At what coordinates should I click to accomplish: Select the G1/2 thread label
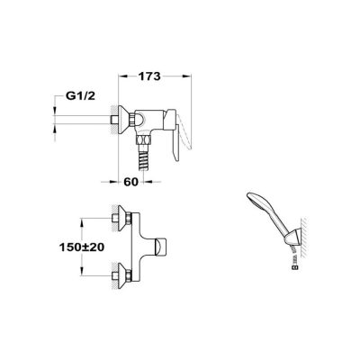pyautogui.click(x=80, y=96)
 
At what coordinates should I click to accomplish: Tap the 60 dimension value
pyautogui.click(x=130, y=182)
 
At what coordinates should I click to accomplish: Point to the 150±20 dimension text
pyautogui.click(x=81, y=247)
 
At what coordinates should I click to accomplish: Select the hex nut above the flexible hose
pyautogui.click(x=143, y=140)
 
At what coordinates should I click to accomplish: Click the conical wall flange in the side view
pyautogui.click(x=123, y=120)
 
